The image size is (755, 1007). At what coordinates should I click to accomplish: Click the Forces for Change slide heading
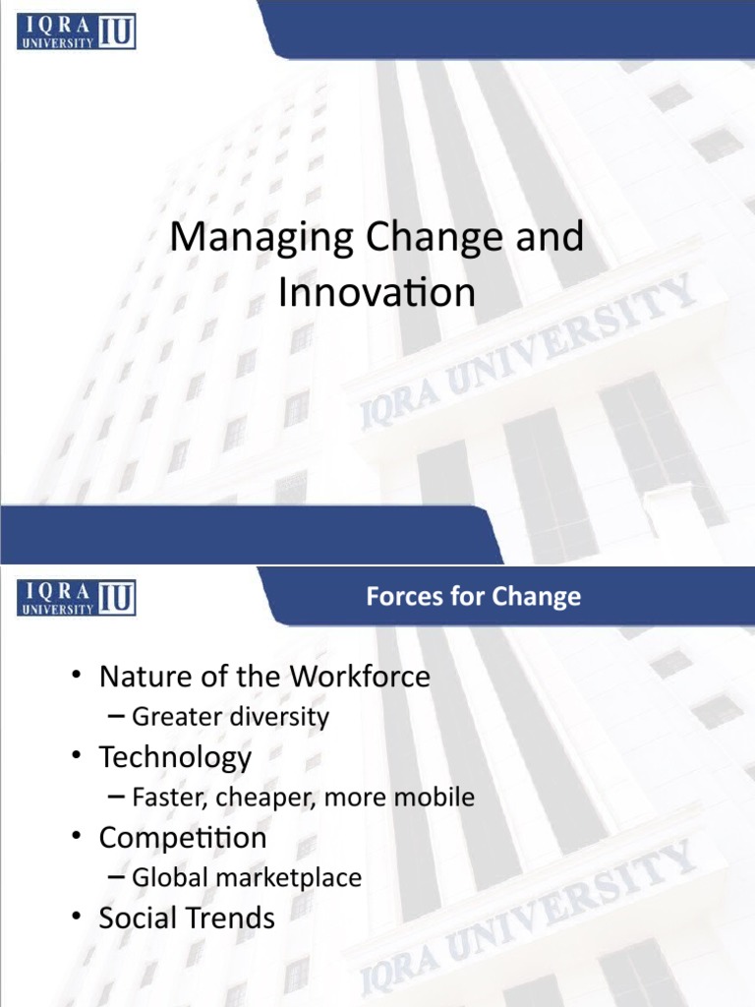pyautogui.click(x=473, y=596)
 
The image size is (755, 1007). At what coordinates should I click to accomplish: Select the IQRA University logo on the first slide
pyautogui.click(x=76, y=32)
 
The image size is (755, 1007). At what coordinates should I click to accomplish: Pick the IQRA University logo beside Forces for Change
pyautogui.click(x=76, y=597)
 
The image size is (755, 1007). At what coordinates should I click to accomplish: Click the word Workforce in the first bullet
pyautogui.click(x=359, y=677)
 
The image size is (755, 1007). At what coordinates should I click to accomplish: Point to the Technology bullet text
pyautogui.click(x=175, y=757)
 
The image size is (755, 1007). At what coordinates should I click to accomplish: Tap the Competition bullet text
pyautogui.click(x=182, y=838)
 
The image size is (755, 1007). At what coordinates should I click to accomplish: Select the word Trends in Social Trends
pyautogui.click(x=231, y=918)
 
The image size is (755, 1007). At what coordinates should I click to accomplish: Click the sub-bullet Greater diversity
pyautogui.click(x=230, y=717)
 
